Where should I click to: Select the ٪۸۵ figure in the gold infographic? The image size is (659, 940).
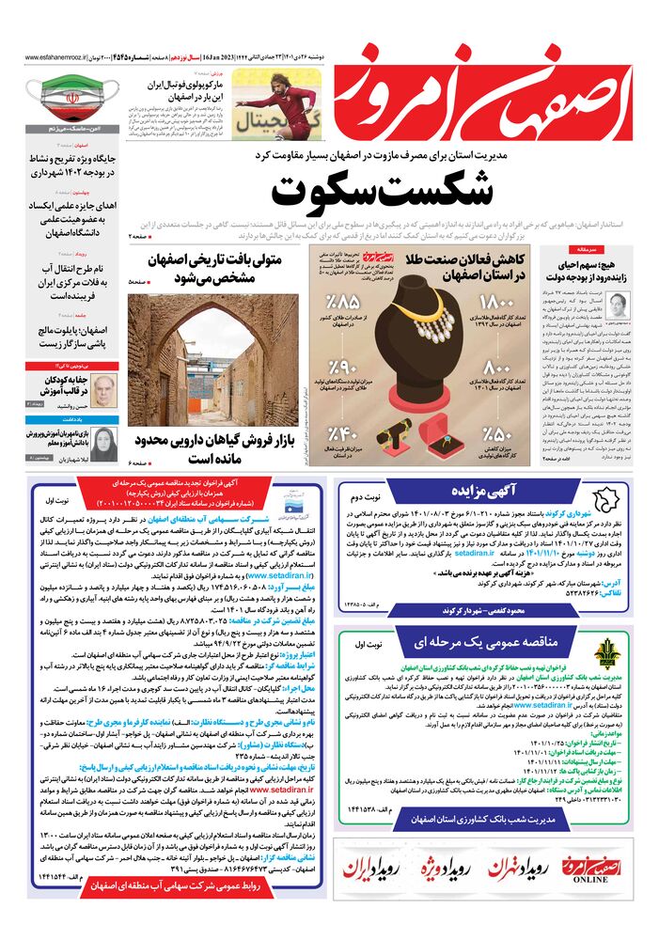click(343, 305)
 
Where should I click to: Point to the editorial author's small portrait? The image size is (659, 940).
click(618, 304)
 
